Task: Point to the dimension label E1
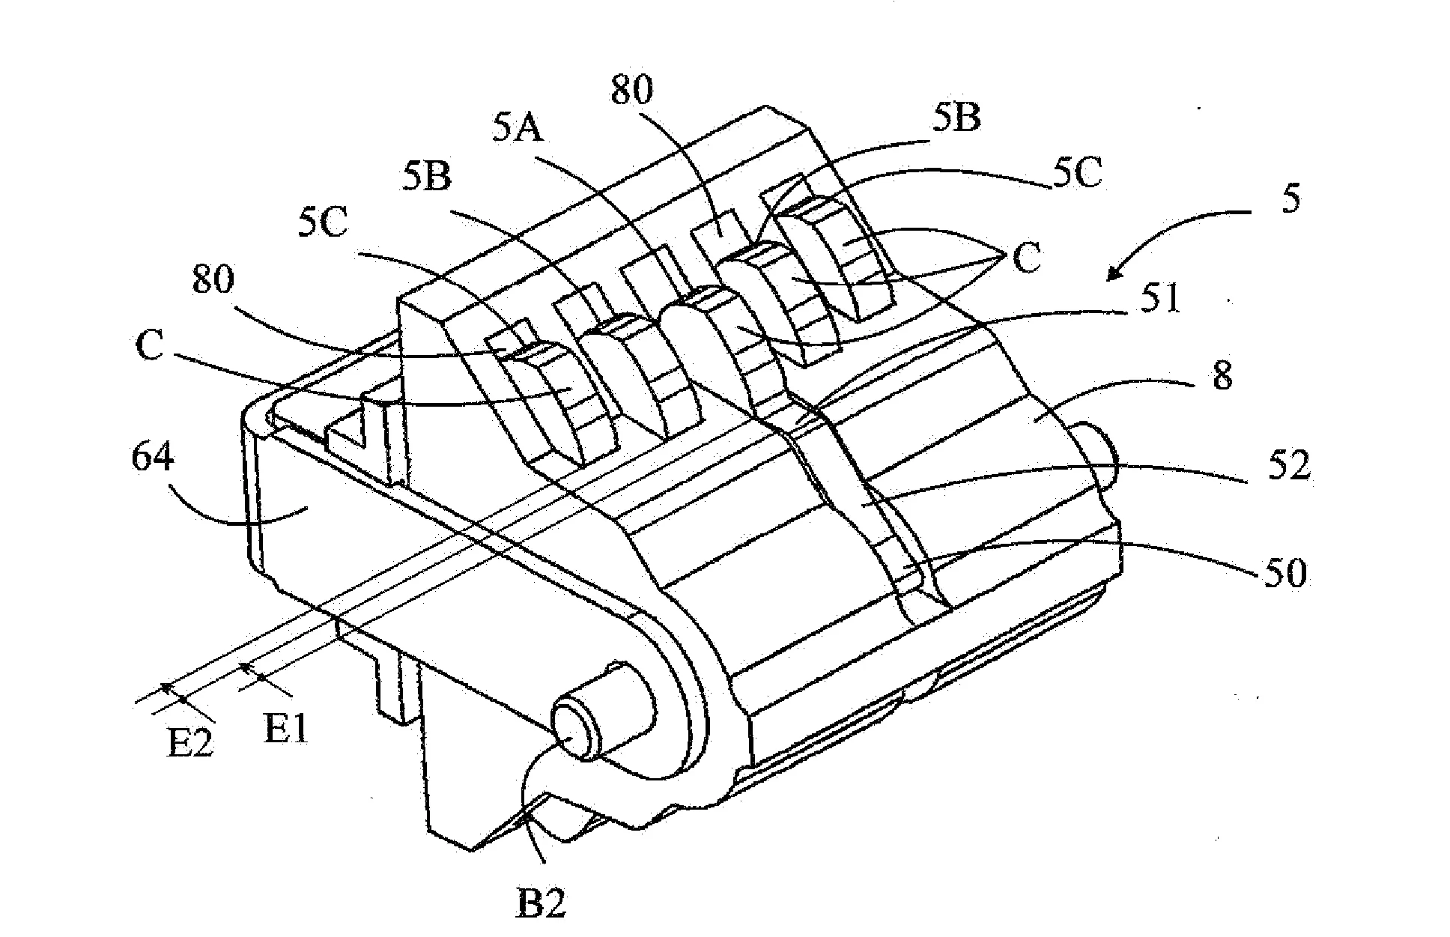tap(286, 728)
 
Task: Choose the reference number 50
tap(1282, 574)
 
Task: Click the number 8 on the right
tap(1222, 377)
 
